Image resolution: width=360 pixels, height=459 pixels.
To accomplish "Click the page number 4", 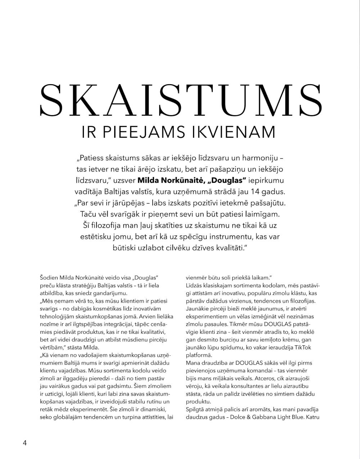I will click(25, 442).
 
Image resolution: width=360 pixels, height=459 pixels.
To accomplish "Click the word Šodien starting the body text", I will click(49, 278).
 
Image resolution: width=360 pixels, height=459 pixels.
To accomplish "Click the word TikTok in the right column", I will click(305, 347).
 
